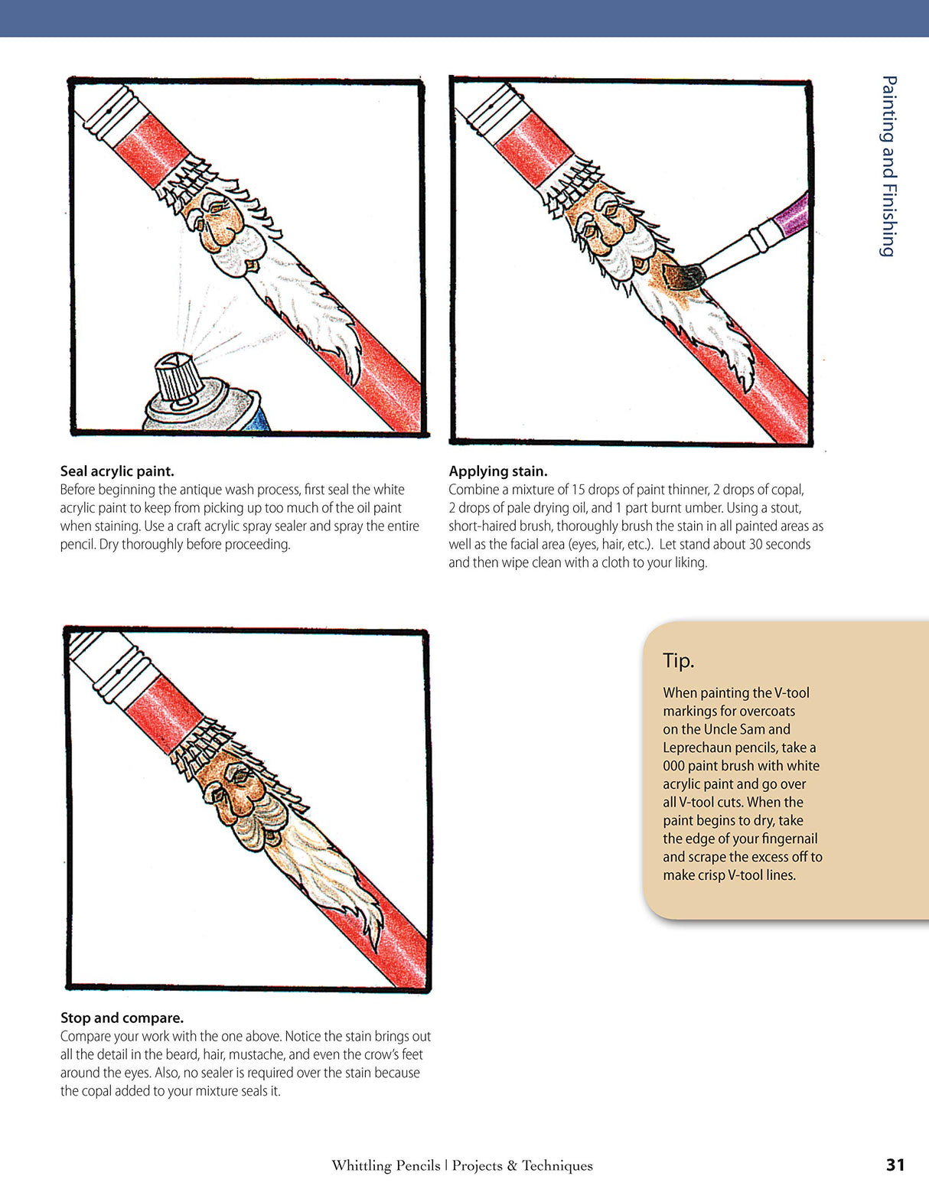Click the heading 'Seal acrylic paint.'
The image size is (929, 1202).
click(117, 471)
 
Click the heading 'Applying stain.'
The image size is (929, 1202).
click(497, 471)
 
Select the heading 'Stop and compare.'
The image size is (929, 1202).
click(122, 1018)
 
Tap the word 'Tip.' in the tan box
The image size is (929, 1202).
click(678, 660)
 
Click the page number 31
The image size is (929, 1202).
click(895, 1165)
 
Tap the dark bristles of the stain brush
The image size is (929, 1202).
click(683, 276)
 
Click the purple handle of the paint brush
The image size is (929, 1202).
click(791, 216)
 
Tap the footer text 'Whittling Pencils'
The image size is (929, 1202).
click(386, 1165)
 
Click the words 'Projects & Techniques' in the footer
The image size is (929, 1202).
click(522, 1165)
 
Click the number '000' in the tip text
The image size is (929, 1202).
click(673, 766)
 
